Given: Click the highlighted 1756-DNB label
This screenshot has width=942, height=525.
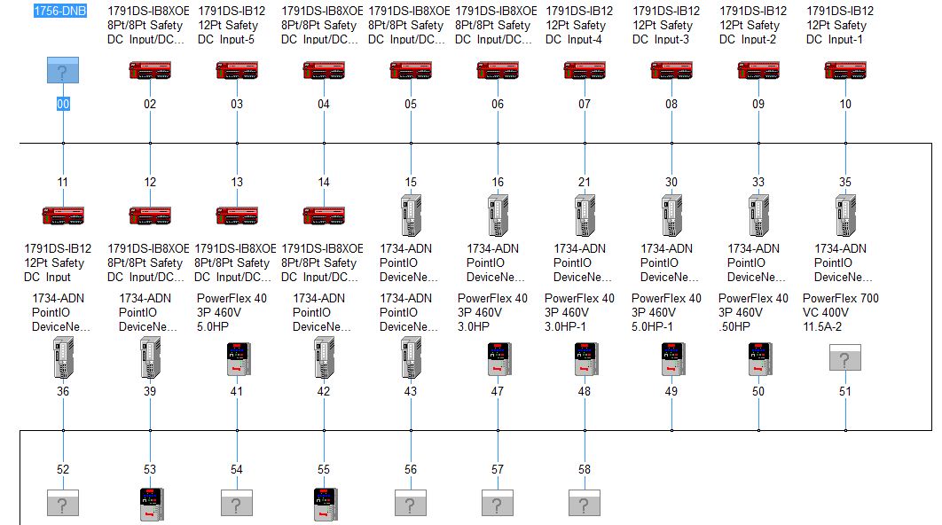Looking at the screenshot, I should [59, 11].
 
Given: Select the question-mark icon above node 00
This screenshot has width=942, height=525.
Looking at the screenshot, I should [63, 71].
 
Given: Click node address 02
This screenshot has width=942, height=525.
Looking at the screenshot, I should [150, 104].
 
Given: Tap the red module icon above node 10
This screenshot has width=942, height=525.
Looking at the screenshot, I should [844, 71].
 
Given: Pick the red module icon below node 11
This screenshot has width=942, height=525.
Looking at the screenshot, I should [63, 215].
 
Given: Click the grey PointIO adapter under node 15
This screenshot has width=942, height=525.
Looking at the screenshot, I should [411, 215].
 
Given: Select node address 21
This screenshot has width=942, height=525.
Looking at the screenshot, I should [585, 182].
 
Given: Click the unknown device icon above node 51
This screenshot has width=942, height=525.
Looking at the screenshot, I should [844, 358].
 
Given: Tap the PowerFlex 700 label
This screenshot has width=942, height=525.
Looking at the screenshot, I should [841, 298].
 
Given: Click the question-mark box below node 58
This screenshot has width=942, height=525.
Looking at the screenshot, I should [585, 504].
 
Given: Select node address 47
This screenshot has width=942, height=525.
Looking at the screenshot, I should [498, 391].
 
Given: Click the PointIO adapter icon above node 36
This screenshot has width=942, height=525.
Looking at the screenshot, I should [63, 358].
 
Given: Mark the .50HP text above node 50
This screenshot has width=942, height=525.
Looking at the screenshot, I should [735, 326].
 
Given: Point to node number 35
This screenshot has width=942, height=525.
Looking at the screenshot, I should [845, 182].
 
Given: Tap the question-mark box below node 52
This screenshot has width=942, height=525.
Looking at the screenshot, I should [63, 504].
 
